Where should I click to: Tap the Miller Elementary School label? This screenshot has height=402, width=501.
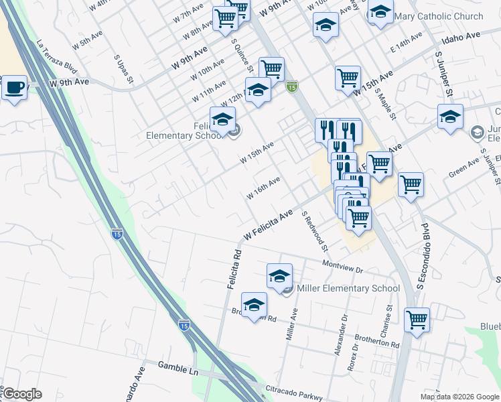[x=348, y=289]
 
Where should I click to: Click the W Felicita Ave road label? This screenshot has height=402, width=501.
[x=269, y=224]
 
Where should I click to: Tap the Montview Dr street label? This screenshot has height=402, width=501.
[x=342, y=266]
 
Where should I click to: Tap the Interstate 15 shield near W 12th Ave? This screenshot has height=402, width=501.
[x=291, y=86]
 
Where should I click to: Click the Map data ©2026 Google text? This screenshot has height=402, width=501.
[x=459, y=397]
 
